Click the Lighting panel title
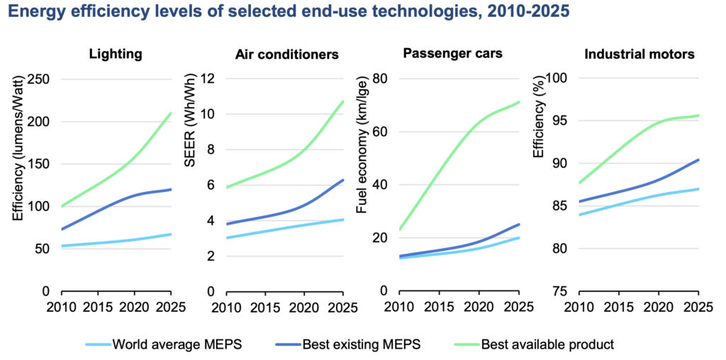tap(116, 54)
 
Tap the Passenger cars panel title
tap(452, 54)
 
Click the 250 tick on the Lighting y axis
tap(41, 79)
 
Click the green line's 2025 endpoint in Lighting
tap(171, 113)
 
